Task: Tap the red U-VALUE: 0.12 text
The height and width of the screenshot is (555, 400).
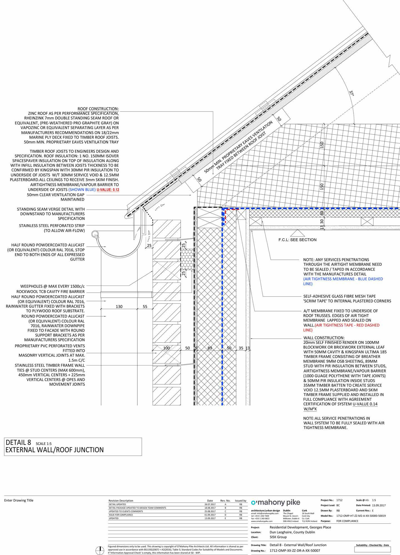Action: [108, 190]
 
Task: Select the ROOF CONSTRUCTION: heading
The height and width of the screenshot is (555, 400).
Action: [98, 109]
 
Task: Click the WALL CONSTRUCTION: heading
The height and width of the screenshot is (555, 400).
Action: [324, 338]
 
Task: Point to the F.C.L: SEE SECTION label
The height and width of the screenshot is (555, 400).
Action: [297, 240]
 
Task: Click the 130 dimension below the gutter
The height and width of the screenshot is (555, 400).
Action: [119, 307]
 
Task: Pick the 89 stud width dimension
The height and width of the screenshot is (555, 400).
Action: [210, 348]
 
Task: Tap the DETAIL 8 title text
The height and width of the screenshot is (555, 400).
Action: [18, 443]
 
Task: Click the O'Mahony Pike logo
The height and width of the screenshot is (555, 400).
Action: [275, 503]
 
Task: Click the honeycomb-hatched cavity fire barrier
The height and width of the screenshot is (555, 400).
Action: [187, 259]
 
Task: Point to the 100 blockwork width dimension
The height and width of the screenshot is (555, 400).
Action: [167, 348]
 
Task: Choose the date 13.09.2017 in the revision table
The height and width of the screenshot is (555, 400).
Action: [210, 518]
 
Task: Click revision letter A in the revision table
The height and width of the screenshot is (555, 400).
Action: [225, 504]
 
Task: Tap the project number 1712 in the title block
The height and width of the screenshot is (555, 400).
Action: [339, 500]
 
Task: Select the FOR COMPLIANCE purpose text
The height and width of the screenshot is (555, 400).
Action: [347, 521]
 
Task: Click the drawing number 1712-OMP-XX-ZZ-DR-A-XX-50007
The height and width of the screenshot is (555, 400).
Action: [295, 551]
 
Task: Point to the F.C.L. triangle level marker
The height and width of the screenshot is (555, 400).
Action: [297, 233]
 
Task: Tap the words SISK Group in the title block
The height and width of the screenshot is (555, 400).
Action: [278, 537]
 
